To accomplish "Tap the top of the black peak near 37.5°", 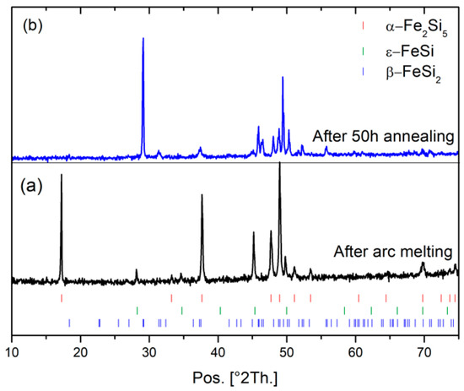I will click(202, 195).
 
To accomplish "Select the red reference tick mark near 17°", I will click(62, 298).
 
